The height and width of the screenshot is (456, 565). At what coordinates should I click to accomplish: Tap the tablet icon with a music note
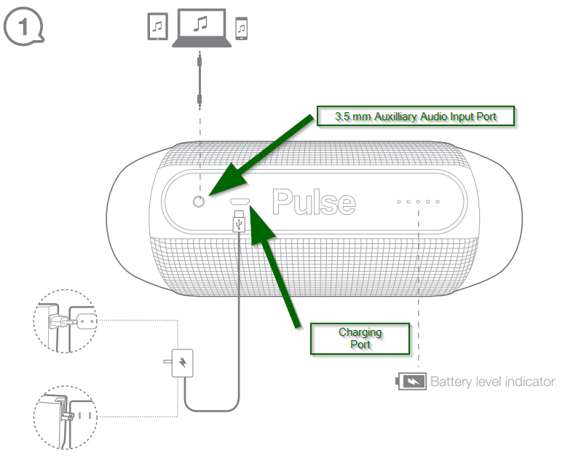(157, 28)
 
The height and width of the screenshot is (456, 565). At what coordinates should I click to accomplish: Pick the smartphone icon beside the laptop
(242, 29)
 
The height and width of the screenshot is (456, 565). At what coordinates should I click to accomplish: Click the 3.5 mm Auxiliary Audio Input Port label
(416, 117)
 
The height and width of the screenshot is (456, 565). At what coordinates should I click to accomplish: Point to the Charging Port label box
(360, 338)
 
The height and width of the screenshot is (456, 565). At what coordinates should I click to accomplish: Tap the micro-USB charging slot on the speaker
(240, 202)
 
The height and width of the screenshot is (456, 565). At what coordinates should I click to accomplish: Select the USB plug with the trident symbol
(238, 223)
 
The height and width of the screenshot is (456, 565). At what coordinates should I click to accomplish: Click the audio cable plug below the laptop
(200, 83)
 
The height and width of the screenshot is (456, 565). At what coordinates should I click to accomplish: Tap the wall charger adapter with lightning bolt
(180, 362)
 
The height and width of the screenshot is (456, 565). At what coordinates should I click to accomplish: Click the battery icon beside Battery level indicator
(411, 381)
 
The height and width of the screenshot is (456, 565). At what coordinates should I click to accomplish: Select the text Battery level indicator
(493, 381)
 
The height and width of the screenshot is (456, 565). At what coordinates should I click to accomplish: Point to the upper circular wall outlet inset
(66, 321)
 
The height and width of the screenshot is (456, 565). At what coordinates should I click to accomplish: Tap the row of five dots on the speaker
(418, 202)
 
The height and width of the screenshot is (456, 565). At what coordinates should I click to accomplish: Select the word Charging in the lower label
(360, 332)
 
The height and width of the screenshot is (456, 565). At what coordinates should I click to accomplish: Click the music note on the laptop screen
(201, 25)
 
